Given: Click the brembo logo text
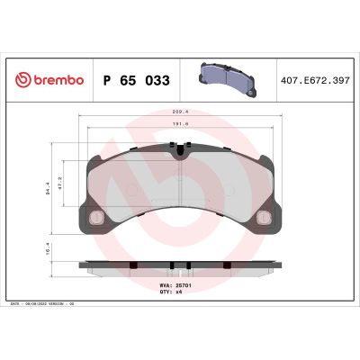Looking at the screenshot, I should click(56, 80).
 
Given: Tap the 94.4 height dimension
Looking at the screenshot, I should click(51, 189).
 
